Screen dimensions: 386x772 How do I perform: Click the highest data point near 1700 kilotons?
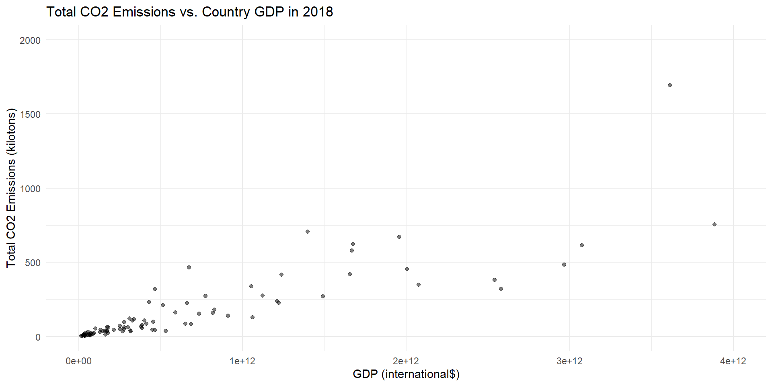click(670, 85)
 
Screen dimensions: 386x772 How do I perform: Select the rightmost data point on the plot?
click(715, 224)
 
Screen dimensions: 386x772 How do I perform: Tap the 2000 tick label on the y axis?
click(30, 40)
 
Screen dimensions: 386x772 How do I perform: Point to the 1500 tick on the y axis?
click(30, 114)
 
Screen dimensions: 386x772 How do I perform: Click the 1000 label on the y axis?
click(30, 189)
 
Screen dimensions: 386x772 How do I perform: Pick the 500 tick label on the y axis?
click(33, 263)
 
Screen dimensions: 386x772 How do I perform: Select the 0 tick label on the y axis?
click(38, 337)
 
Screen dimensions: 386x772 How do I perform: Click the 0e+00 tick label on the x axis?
click(78, 361)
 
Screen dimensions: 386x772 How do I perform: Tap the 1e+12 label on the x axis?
click(242, 361)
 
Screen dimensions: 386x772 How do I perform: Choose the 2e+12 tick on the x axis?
click(406, 361)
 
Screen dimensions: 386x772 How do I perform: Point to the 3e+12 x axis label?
click(570, 361)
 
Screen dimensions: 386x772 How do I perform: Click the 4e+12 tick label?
click(733, 361)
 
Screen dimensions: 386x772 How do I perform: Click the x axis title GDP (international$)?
click(406, 374)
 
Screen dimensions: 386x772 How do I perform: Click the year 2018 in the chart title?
click(318, 12)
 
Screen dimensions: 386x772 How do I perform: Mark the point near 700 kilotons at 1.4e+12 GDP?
click(308, 232)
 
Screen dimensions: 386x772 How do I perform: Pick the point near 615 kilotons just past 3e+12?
click(582, 245)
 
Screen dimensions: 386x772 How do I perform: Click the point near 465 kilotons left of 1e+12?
click(189, 267)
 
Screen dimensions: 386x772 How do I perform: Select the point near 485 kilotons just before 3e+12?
click(564, 265)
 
